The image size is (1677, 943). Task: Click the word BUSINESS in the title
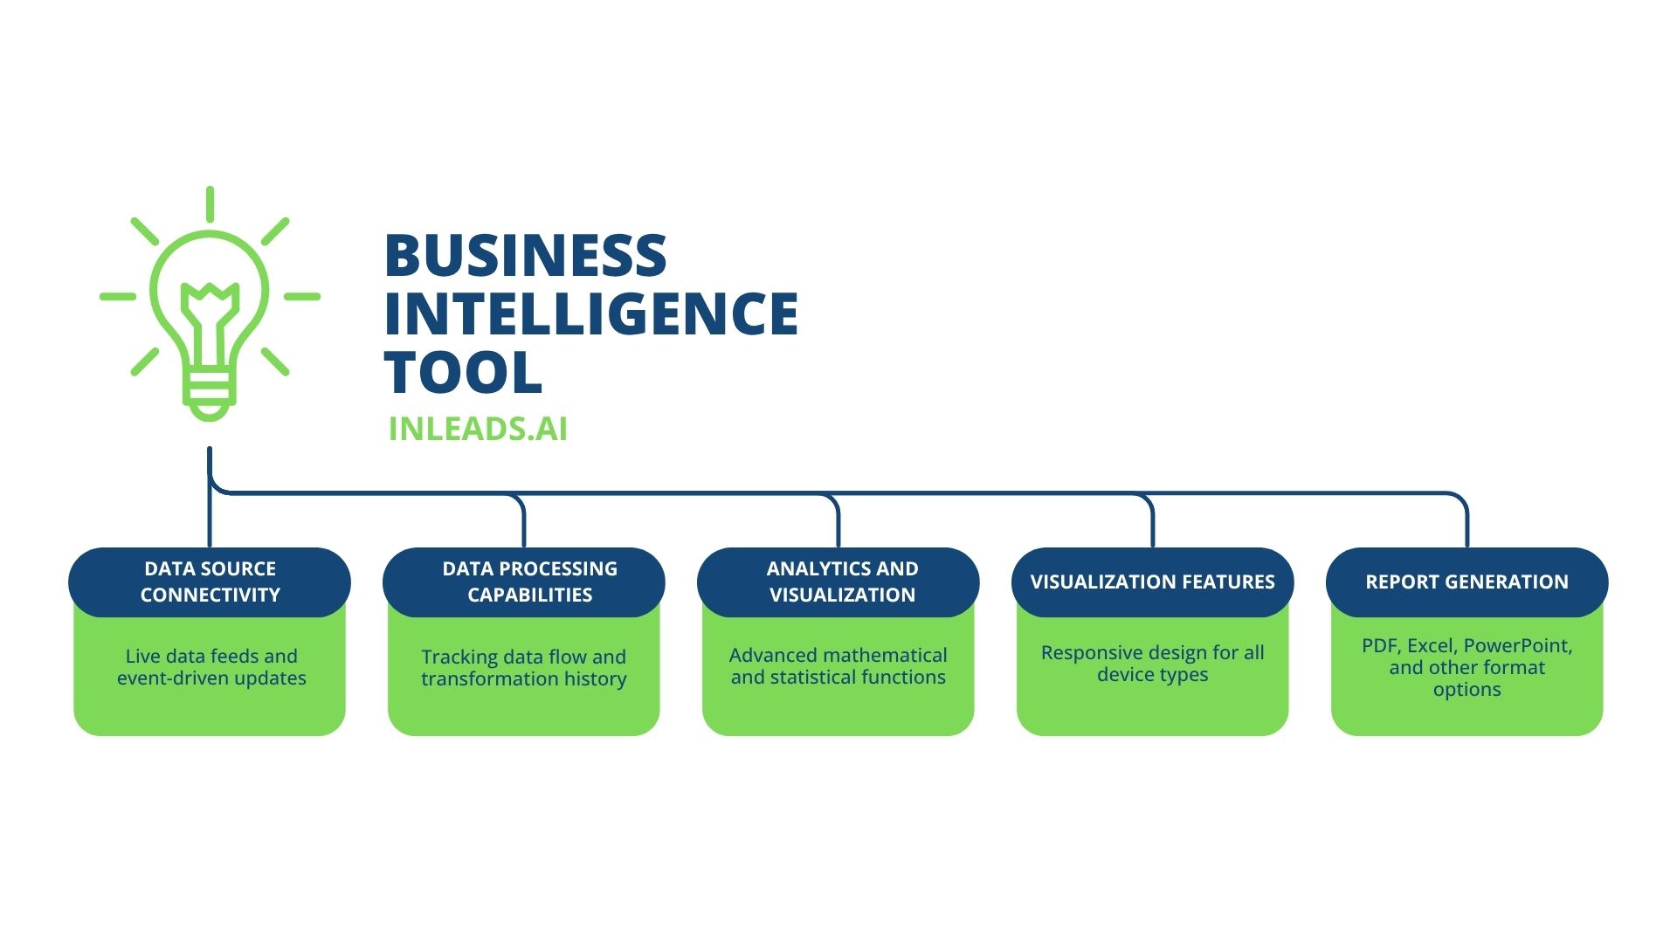pyautogui.click(x=525, y=255)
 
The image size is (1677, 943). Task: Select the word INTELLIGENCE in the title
pyautogui.click(x=591, y=313)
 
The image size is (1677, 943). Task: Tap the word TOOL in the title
pyautogui.click(x=463, y=372)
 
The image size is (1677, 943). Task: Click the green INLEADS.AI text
pyautogui.click(x=478, y=429)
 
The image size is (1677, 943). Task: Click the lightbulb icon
pyautogui.click(x=210, y=304)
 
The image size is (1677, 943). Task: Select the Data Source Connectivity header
pyautogui.click(x=210, y=582)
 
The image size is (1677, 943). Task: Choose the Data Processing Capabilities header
pyautogui.click(x=524, y=582)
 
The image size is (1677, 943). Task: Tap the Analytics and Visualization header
pyautogui.click(x=838, y=582)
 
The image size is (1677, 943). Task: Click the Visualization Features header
pyautogui.click(x=1153, y=582)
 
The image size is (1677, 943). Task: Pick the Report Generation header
pyautogui.click(x=1467, y=582)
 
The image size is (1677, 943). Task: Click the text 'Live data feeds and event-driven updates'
pyautogui.click(x=211, y=667)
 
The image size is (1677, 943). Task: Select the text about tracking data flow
pyautogui.click(x=524, y=668)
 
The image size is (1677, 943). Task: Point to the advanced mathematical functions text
pyautogui.click(x=838, y=666)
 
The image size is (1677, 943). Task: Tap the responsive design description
pyautogui.click(x=1153, y=664)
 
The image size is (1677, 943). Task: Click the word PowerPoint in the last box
pyautogui.click(x=1518, y=646)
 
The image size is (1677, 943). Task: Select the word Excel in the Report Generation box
pyautogui.click(x=1432, y=646)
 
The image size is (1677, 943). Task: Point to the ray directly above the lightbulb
pyautogui.click(x=210, y=203)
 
